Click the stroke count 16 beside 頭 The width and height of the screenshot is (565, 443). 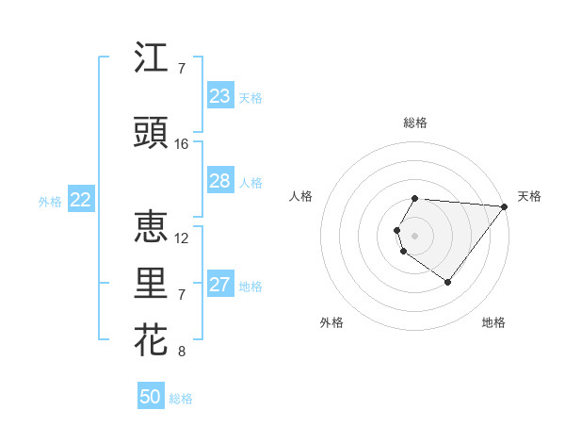[182, 144]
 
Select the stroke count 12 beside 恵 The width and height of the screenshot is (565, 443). [182, 238]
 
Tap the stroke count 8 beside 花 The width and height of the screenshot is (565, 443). [182, 352]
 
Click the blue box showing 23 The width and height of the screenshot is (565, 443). [219, 96]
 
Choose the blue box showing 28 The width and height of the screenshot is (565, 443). [219, 181]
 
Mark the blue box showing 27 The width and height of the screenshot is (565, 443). [219, 285]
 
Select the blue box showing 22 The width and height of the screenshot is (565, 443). [81, 200]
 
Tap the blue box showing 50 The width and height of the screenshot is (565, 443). [151, 397]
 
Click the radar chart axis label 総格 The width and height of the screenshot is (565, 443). [415, 123]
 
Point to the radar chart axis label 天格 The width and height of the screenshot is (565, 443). [530, 196]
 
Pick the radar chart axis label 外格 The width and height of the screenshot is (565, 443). [331, 322]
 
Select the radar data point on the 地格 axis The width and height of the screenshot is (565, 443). [448, 282]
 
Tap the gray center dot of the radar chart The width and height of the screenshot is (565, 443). [415, 234]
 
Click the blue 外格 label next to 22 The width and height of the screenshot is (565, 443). [49, 201]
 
